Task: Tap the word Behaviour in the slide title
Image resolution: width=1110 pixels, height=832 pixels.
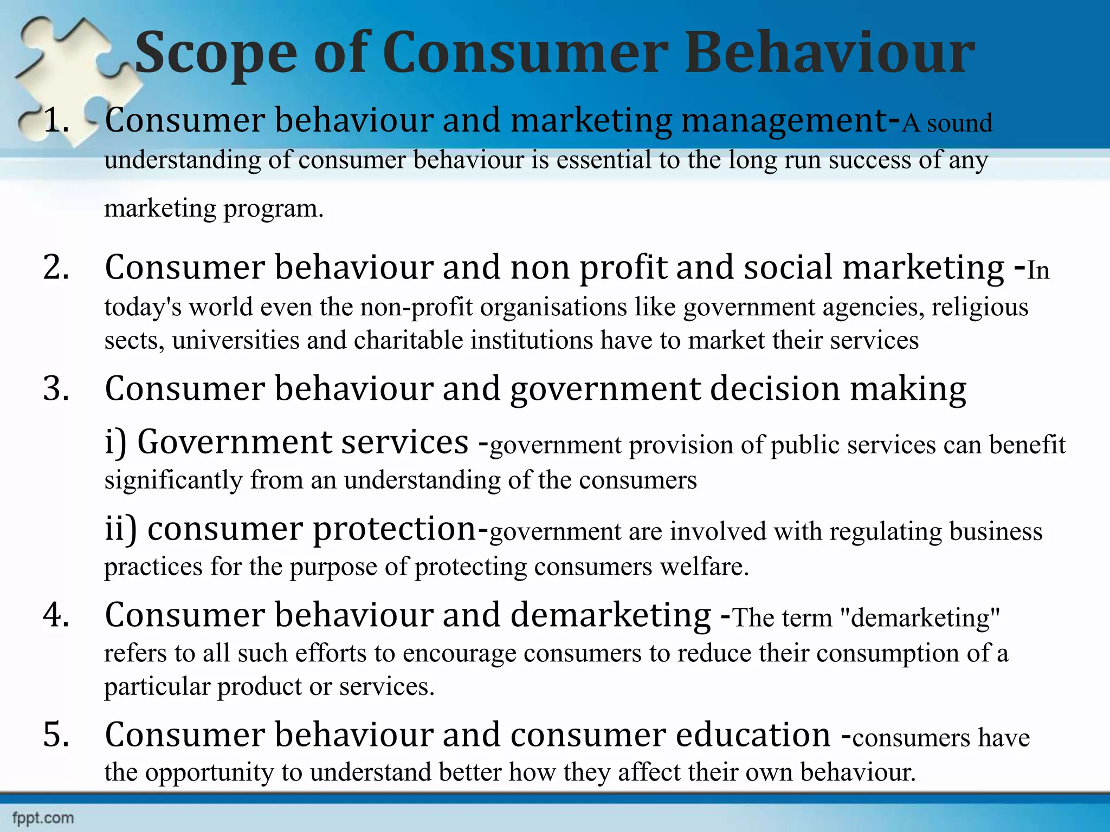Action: (x=829, y=53)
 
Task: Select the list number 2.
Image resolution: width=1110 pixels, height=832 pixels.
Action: (x=56, y=268)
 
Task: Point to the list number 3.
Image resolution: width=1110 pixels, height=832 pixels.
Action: (x=56, y=389)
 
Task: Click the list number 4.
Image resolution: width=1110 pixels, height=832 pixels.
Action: (x=56, y=615)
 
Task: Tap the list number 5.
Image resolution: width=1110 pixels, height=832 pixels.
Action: (x=56, y=735)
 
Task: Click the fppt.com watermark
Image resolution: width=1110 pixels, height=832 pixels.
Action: (x=43, y=817)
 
